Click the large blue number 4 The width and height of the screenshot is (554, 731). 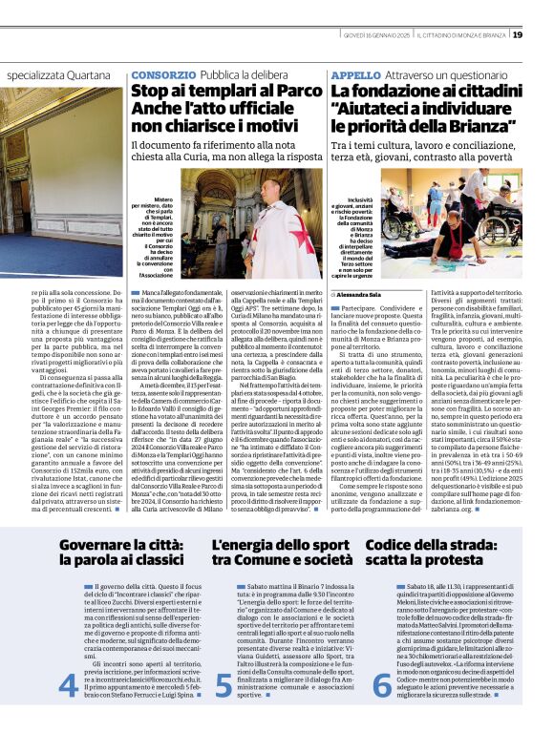point(69,684)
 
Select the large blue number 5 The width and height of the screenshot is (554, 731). point(224,684)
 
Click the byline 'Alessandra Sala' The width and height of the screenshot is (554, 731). point(360,296)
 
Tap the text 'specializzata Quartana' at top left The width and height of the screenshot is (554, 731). point(65,73)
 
